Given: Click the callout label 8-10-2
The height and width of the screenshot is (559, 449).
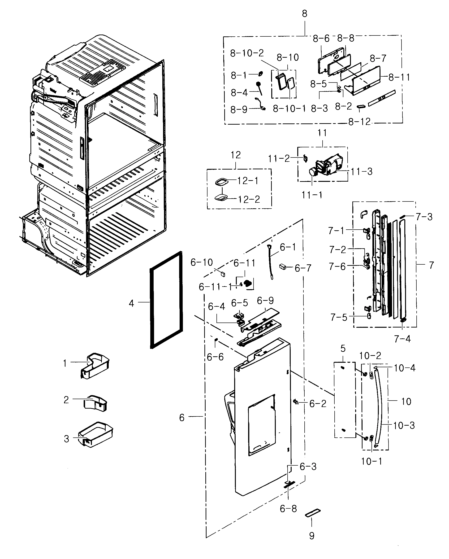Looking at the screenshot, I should tap(247, 53).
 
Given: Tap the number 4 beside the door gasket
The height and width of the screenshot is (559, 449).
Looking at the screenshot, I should tap(131, 303).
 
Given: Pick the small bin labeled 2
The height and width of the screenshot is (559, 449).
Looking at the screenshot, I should tap(95, 403).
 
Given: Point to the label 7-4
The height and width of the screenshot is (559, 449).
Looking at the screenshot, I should tap(402, 339).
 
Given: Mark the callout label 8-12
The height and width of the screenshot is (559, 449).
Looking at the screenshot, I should tap(359, 122).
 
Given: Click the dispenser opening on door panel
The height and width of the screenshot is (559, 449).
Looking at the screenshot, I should tap(262, 425).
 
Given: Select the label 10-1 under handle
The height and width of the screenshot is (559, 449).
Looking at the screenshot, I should tap(371, 461).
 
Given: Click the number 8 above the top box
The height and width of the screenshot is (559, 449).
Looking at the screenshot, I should tap(304, 14).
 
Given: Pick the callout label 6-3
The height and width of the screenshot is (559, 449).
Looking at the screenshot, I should tap(308, 467).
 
